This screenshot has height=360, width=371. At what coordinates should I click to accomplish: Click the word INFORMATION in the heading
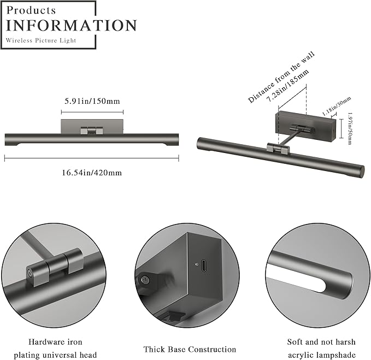71,25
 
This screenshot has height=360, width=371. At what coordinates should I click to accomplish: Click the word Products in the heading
32,10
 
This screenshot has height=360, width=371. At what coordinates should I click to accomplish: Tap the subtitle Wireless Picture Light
41,40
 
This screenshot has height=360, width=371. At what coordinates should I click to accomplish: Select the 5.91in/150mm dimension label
91,101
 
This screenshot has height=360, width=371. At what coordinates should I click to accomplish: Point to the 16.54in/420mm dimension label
91,173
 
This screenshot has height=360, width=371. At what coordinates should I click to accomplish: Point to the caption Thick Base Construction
190,349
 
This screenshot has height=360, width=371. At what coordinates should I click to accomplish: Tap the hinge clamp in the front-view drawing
91,131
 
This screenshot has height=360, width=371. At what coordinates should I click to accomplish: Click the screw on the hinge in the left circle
30,272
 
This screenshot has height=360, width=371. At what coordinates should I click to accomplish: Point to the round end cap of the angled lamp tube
361,172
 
